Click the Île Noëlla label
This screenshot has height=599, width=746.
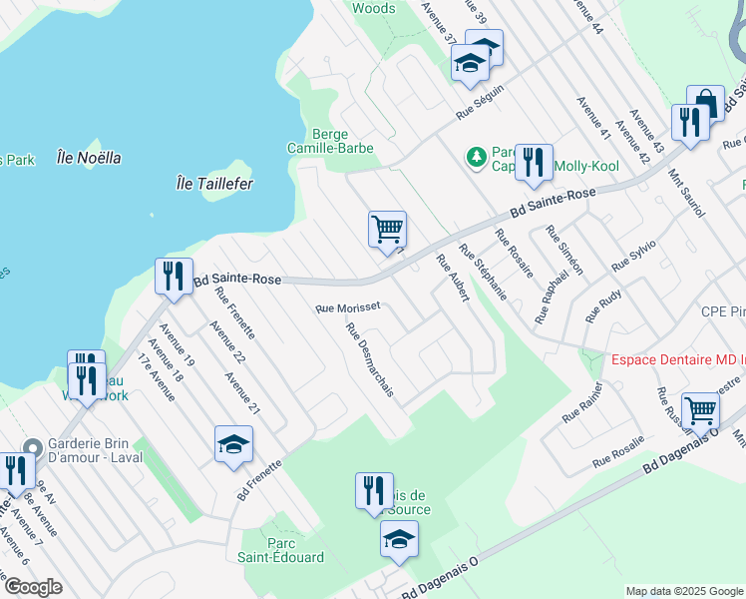[89, 157]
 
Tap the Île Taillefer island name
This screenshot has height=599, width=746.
[213, 184]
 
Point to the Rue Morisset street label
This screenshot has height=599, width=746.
[347, 308]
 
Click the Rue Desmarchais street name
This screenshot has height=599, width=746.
[370, 359]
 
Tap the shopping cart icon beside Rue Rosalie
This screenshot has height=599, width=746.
[700, 408]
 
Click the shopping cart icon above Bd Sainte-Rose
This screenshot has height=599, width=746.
[386, 227]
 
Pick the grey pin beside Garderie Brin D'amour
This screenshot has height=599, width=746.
[33, 448]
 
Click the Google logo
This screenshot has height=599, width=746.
[33, 587]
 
